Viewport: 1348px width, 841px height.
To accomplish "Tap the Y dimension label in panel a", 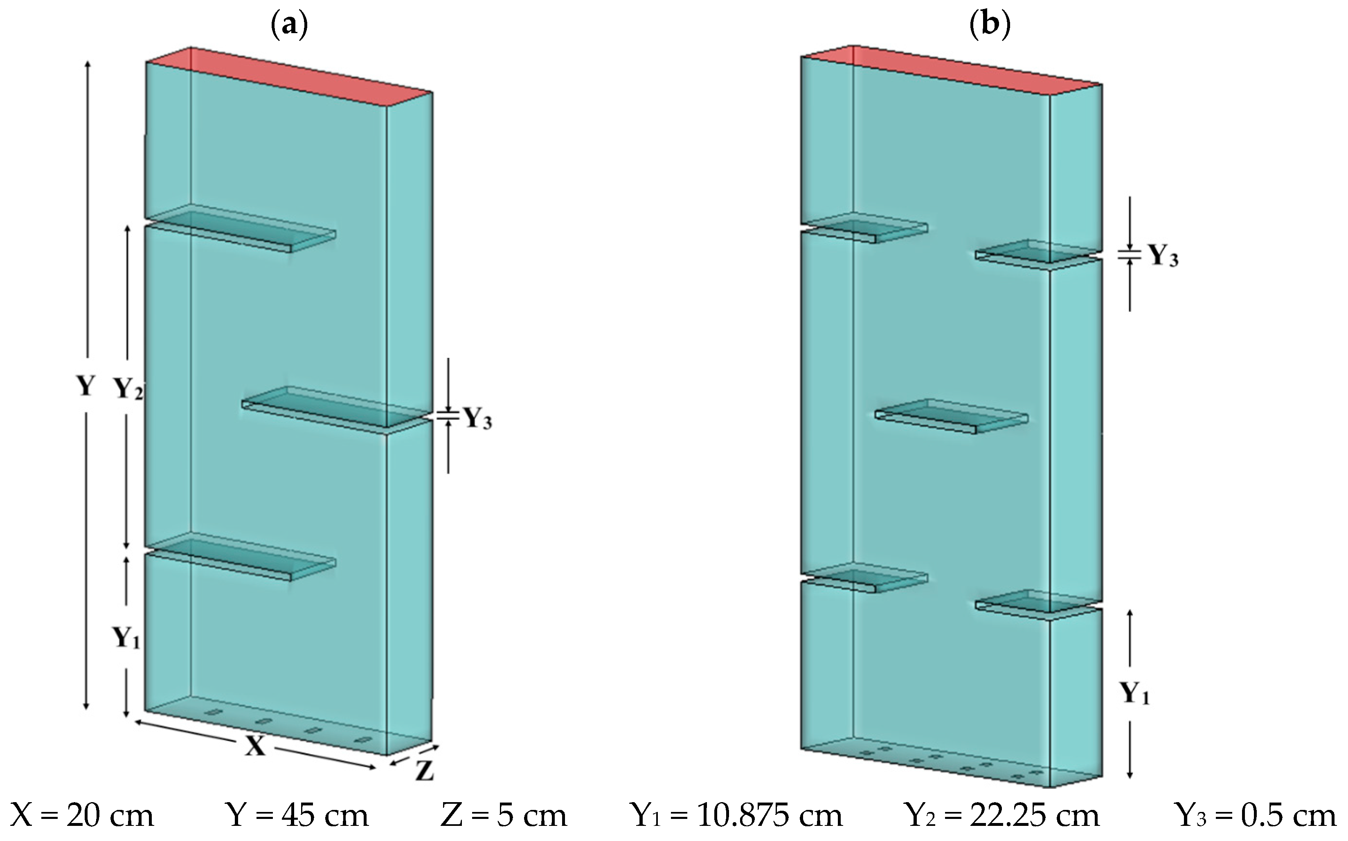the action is pyautogui.click(x=85, y=385).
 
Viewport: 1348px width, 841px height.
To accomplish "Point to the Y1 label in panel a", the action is pyautogui.click(x=126, y=638).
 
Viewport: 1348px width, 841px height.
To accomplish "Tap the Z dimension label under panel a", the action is pyautogui.click(x=424, y=772).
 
